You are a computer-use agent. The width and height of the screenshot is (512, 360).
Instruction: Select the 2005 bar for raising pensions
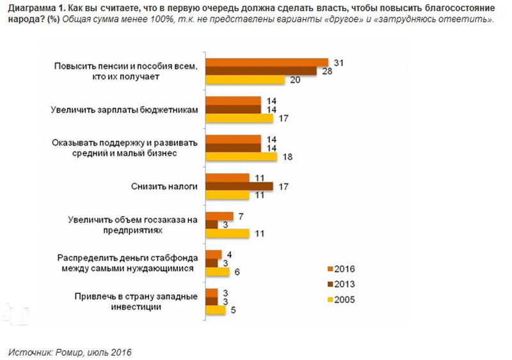tap(244, 80)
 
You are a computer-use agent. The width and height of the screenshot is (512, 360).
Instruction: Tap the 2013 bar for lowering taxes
tap(238, 186)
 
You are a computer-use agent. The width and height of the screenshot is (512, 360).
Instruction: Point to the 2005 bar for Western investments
tap(214, 310)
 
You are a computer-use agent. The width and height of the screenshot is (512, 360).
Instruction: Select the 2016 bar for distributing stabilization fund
tap(212, 254)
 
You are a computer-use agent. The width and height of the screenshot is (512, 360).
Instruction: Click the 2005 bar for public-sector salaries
tap(239, 118)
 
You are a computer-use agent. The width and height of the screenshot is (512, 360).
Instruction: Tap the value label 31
tap(340, 62)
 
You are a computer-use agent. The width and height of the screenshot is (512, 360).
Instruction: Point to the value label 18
tap(288, 157)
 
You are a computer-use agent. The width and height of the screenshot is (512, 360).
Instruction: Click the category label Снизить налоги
tap(169, 186)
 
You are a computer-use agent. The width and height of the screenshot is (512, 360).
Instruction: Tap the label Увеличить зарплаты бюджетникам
tap(124, 109)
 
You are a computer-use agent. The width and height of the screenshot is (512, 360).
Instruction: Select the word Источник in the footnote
tap(28, 351)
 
